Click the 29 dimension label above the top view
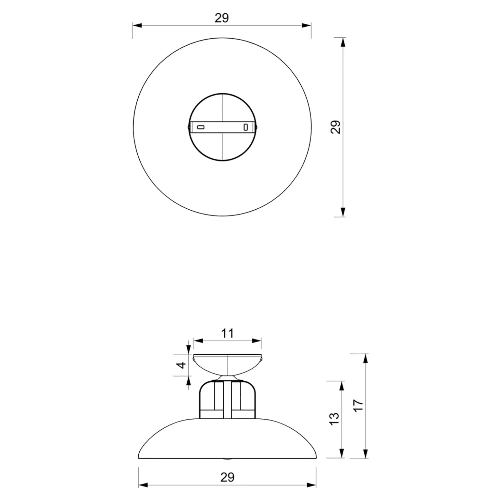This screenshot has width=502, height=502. click(x=222, y=18)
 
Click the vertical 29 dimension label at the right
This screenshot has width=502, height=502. click(x=335, y=127)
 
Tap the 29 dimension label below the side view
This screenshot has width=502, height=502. click(x=227, y=477)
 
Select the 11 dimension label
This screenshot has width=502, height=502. click(x=228, y=333)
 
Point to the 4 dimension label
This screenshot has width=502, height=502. click(x=182, y=365)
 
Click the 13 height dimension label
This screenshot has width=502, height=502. click(x=335, y=418)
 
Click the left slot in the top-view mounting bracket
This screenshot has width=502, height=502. click(x=200, y=127)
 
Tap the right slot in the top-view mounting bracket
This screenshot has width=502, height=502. click(x=246, y=127)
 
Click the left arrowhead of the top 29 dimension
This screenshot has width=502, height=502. click(x=137, y=25)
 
